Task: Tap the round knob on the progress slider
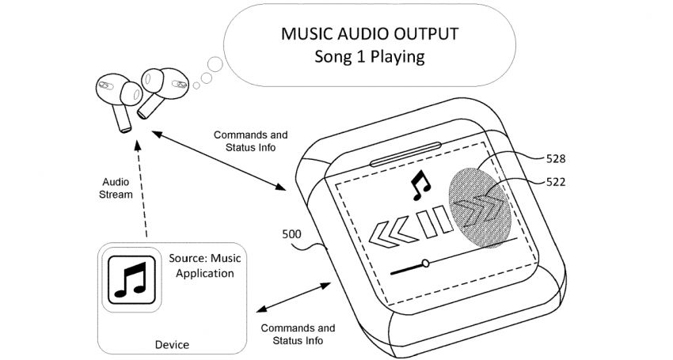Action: (426, 262)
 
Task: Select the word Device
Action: (172, 343)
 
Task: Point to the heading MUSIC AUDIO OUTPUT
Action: (370, 35)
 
